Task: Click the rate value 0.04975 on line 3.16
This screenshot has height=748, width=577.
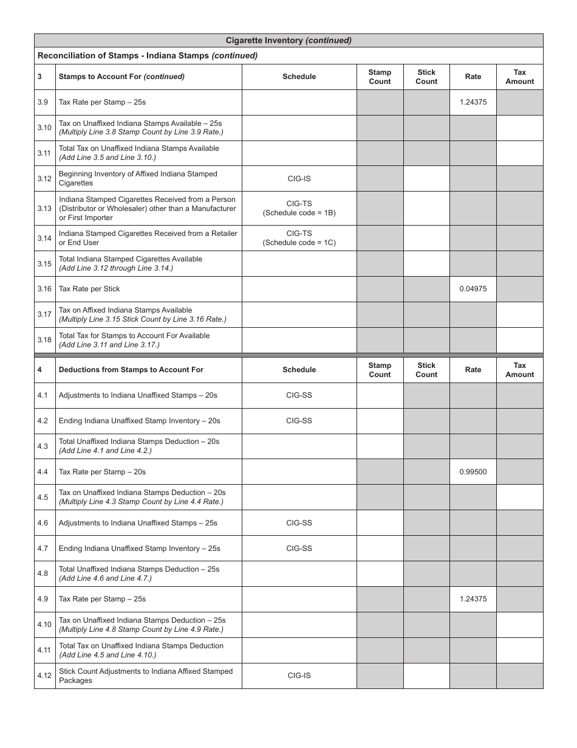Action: pos(473,289)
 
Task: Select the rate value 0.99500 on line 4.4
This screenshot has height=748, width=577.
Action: pos(473,471)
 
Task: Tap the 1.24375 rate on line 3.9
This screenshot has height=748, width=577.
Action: pos(473,102)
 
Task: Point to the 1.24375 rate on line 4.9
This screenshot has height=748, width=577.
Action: pos(473,599)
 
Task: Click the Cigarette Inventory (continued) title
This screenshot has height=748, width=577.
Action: pos(288,41)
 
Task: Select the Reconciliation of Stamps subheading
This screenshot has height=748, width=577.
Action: pos(148,55)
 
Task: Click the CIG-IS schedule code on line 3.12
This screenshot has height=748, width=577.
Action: pos(299,178)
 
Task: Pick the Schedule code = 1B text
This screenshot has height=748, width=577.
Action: pos(299,213)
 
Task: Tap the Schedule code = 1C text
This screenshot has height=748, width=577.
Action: pos(299,243)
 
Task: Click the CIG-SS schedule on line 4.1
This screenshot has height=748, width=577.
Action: pos(299,395)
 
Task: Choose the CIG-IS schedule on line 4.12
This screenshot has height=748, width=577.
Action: pos(299,676)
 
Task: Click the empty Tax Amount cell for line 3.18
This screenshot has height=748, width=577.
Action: pos(519,340)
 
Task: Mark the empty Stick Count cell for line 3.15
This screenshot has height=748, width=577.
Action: pos(426,263)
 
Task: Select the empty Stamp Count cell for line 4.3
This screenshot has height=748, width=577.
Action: pos(380,446)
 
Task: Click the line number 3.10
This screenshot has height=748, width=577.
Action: pos(44,128)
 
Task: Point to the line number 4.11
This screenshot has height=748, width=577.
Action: pos(44,650)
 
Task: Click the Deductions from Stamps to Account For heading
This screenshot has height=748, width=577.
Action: pos(131,370)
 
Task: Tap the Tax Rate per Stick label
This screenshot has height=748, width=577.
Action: pos(89,289)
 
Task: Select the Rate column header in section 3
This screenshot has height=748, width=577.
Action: pos(473,77)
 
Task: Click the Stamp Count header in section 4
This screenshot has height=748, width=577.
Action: pos(380,370)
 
